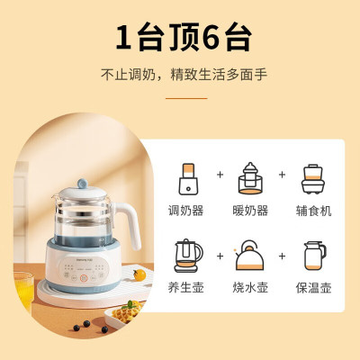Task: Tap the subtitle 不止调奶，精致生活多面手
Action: coord(180,74)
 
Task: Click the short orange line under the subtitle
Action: coord(180,96)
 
